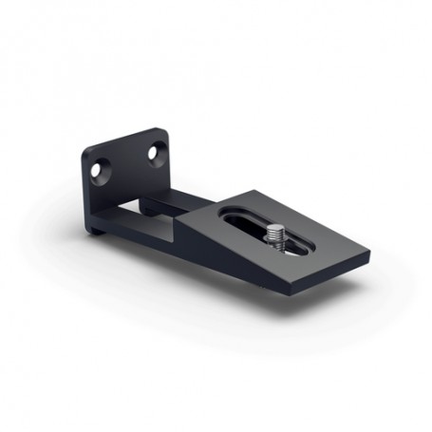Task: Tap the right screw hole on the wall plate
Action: pos(154,151)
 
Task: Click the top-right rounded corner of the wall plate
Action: pos(164,130)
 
